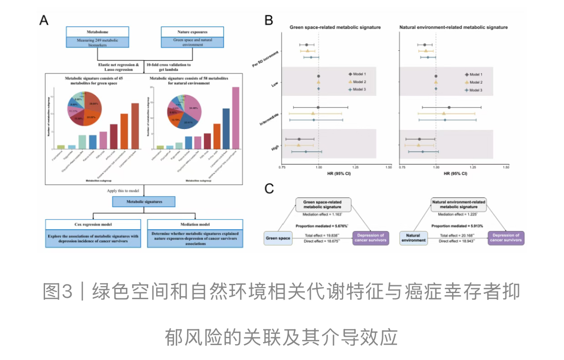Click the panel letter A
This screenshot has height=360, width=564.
[x=44, y=20]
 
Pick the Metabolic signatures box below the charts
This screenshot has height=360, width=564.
[x=143, y=202]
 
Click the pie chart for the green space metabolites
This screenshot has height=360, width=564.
[x=84, y=108]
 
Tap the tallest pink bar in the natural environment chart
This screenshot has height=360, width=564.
[x=236, y=118]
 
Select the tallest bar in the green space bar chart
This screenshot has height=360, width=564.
[x=135, y=126]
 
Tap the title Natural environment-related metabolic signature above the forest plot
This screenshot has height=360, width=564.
[x=453, y=28]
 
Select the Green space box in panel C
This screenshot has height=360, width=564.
[x=277, y=238]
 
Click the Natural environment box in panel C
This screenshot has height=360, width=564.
[x=413, y=238]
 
